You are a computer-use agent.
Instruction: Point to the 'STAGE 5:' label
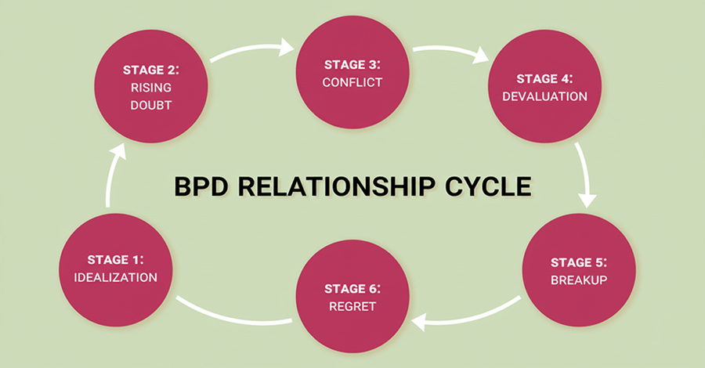coord(578,262)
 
